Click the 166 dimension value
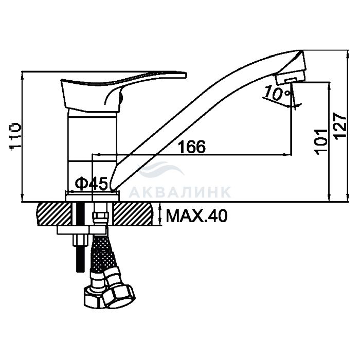click(x=192, y=147)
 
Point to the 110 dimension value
click(x=15, y=136)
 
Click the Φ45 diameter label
click(x=92, y=184)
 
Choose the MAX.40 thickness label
click(x=197, y=216)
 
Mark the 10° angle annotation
click(x=277, y=93)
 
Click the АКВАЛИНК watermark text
click(x=180, y=192)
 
